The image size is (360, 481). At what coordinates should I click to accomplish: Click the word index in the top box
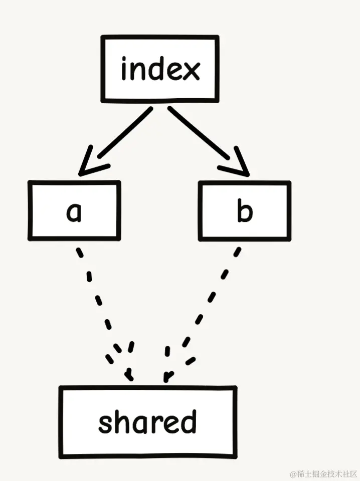160,68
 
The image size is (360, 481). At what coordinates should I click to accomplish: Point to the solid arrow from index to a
116,141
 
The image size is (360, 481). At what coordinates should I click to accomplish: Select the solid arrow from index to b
208,141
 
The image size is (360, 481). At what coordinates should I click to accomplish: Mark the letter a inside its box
74,212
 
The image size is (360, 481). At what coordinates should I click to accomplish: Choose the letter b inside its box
245,210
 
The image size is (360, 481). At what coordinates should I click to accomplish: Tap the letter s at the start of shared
106,424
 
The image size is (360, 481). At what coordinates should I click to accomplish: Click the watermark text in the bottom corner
324,474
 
